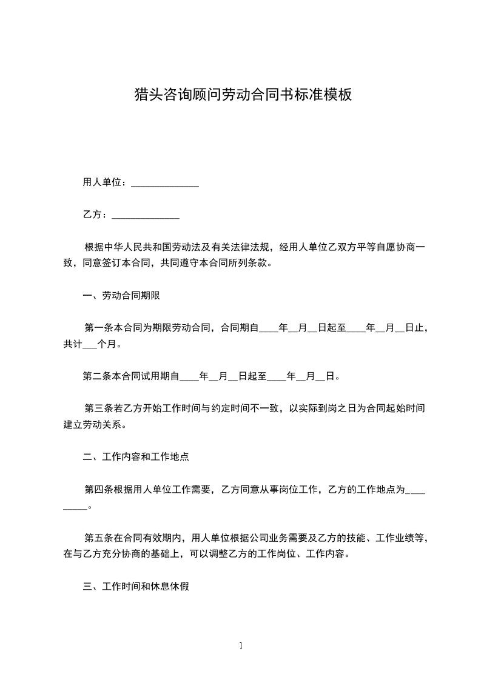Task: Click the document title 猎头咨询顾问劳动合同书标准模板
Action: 243,95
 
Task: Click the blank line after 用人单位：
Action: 165,182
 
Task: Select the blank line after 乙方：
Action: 146,215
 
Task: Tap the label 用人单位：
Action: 105,182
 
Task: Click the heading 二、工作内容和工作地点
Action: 135,457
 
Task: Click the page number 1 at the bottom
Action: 241,646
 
